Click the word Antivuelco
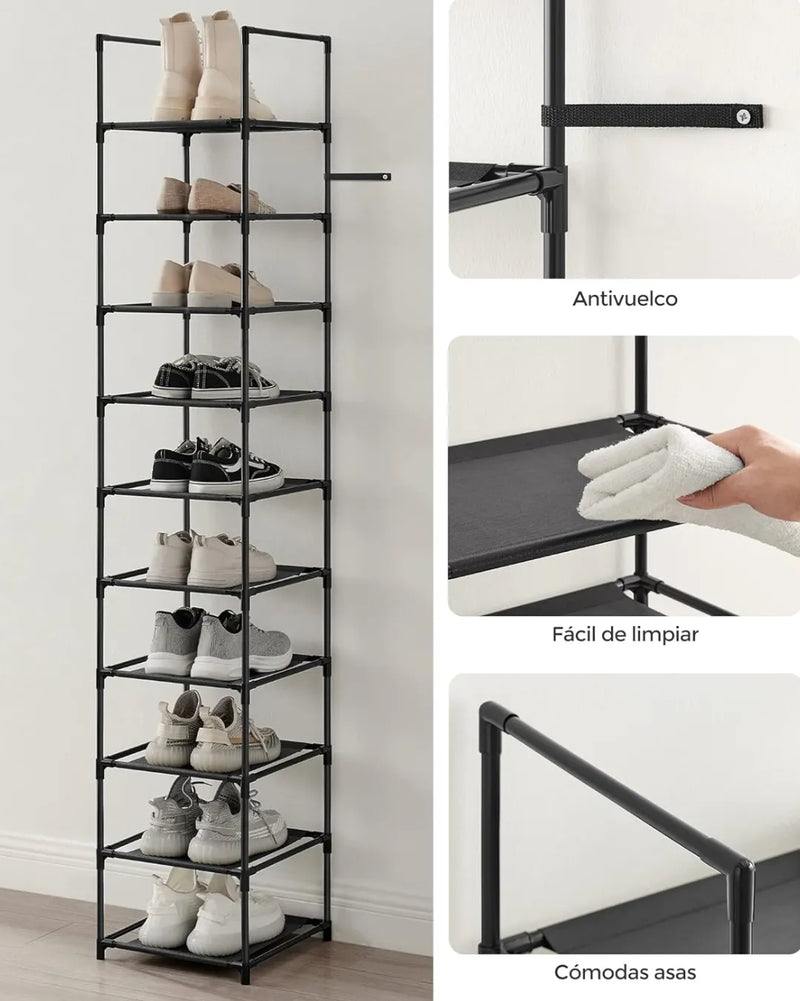[x=624, y=299]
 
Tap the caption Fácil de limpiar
[x=625, y=635]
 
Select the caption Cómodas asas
[x=624, y=972]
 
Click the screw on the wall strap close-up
[x=741, y=116]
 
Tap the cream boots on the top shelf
[x=204, y=68]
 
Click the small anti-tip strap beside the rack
[x=358, y=177]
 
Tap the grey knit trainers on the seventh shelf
[x=217, y=644]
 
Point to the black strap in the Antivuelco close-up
[x=651, y=117]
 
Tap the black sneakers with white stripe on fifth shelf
[x=216, y=463]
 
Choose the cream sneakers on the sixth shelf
[x=211, y=559]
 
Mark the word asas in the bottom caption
[x=671, y=973]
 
